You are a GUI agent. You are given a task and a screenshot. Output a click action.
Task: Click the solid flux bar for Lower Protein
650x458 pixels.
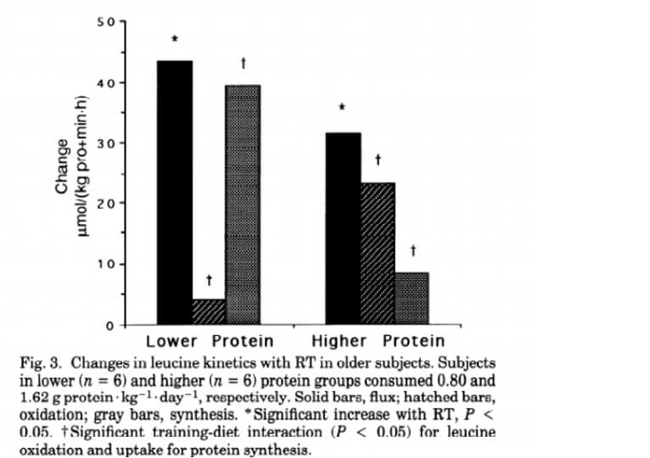click(x=175, y=193)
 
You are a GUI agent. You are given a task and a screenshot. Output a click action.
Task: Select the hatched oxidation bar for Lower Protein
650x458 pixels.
click(x=209, y=311)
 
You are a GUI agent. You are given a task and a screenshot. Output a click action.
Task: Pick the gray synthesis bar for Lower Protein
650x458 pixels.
click(x=243, y=204)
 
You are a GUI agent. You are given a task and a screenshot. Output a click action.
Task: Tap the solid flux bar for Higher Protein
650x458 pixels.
click(x=343, y=228)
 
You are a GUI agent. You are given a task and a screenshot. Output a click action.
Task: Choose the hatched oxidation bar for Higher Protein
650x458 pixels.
click(x=377, y=254)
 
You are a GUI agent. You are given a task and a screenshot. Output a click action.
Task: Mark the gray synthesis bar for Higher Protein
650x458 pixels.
click(x=412, y=299)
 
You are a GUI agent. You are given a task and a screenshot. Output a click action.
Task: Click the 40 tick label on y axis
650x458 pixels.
click(x=104, y=82)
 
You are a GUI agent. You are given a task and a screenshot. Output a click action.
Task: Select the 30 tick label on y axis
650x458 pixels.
click(x=104, y=142)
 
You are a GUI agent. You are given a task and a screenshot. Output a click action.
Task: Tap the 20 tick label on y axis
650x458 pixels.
click(x=104, y=204)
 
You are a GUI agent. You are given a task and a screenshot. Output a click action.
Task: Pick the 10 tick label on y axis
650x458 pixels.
click(x=104, y=264)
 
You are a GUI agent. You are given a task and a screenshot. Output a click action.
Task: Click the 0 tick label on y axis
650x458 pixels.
click(x=109, y=325)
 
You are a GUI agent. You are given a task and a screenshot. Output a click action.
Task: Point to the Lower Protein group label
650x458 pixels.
click(x=210, y=342)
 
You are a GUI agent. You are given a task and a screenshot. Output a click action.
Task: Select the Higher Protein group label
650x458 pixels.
click(x=378, y=342)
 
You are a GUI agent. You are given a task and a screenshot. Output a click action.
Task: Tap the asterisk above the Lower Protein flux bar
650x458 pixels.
click(x=175, y=40)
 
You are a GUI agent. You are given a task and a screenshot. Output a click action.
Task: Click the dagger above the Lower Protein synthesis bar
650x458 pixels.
click(x=244, y=63)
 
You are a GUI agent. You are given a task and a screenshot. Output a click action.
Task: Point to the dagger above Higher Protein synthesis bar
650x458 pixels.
click(x=412, y=250)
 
